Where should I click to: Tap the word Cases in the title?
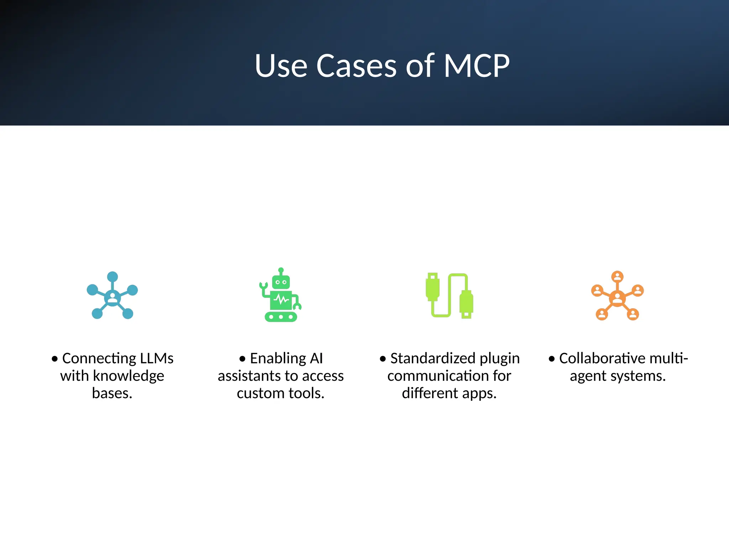(x=356, y=66)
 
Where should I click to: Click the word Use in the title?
(x=281, y=66)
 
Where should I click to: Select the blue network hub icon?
(x=112, y=295)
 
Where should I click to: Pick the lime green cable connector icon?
(x=449, y=295)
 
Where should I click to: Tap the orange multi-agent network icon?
(x=618, y=295)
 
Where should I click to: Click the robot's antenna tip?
(x=281, y=270)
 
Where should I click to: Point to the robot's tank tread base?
(x=281, y=316)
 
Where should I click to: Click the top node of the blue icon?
(x=112, y=277)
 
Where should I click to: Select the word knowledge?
(x=129, y=376)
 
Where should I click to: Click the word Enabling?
(x=278, y=358)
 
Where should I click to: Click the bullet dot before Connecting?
(x=54, y=359)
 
